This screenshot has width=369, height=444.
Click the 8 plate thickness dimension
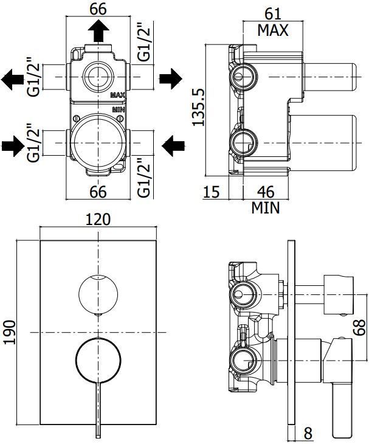[x=308, y=434]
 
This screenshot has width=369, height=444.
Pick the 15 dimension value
[x=212, y=192]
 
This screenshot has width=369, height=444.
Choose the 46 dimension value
[x=266, y=192]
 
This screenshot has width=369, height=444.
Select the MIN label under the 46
[x=266, y=209]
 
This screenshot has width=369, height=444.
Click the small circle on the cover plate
[x=99, y=294]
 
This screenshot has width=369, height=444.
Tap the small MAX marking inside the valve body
[x=118, y=95]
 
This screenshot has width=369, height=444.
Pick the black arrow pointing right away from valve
[x=171, y=78]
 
